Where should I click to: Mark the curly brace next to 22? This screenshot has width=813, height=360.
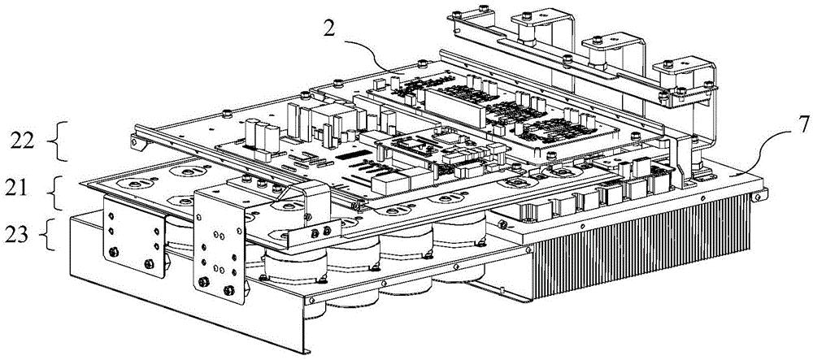(x=61, y=141)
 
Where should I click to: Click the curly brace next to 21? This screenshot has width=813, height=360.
(x=58, y=192)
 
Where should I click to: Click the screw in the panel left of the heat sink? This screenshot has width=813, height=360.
(x=502, y=224)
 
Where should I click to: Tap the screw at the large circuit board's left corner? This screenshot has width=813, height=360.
(x=227, y=114)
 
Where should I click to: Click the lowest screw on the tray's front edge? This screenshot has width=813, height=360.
(x=314, y=300)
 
